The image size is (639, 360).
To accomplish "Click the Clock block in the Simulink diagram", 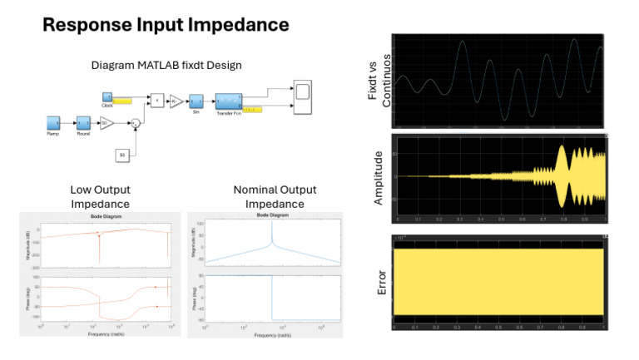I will (107, 98).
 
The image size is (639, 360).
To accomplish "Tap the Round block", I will (83, 123).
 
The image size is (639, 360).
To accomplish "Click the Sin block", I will (197, 101).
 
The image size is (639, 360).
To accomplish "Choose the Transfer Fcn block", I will (229, 101).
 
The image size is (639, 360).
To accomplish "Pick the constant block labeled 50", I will (122, 155).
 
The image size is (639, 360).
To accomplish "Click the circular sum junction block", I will (135, 124).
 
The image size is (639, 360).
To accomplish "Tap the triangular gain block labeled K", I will (176, 101).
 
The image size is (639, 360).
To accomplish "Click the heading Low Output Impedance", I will (99, 197).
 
